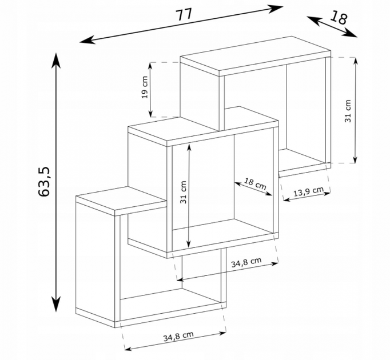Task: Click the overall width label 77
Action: tap(184, 14)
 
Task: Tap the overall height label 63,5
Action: tap(44, 182)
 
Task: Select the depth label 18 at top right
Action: tap(339, 17)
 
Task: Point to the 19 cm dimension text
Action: tap(145, 87)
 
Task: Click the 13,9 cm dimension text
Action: tap(309, 191)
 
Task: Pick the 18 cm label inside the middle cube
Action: tap(254, 184)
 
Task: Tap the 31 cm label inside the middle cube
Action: tap(184, 192)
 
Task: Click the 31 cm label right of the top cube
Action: tap(348, 111)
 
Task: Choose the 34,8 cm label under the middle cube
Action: tap(246, 262)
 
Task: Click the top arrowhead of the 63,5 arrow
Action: tap(56, 59)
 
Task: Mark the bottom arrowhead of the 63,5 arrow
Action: tap(56, 305)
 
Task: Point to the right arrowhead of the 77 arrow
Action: tap(276, 8)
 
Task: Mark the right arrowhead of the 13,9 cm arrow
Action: tap(327, 193)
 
